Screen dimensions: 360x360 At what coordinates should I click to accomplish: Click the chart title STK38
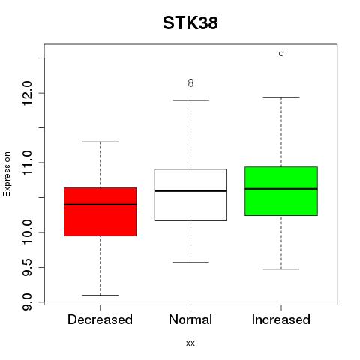pyautogui.click(x=190, y=23)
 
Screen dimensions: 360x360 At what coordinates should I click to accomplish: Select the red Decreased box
pyautogui.click(x=100, y=211)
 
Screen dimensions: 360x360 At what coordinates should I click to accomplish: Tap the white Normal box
pyautogui.click(x=190, y=195)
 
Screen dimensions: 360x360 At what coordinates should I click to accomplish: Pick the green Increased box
pyautogui.click(x=281, y=191)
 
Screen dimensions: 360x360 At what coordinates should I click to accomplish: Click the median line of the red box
pyautogui.click(x=100, y=205)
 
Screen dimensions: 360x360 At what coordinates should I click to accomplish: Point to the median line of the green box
pyautogui.click(x=281, y=189)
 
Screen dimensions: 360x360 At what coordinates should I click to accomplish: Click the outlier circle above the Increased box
pyautogui.click(x=281, y=54)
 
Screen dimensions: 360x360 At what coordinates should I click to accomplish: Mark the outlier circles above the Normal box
pyautogui.click(x=190, y=82)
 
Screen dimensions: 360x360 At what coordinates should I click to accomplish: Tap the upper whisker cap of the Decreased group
pyautogui.click(x=100, y=142)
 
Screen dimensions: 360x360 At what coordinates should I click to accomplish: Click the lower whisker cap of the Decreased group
pyautogui.click(x=100, y=295)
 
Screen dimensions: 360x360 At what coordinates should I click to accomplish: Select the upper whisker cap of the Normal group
pyautogui.click(x=190, y=100)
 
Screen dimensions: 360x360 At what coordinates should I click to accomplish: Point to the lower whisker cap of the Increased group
pyautogui.click(x=281, y=269)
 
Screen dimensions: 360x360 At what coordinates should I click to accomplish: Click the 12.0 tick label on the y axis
pyautogui.click(x=27, y=93)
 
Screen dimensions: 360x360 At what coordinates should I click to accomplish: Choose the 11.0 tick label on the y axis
pyautogui.click(x=27, y=163)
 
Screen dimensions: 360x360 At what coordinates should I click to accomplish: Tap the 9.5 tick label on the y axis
pyautogui.click(x=27, y=267)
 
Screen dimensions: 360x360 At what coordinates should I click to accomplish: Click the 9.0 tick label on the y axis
pyautogui.click(x=27, y=302)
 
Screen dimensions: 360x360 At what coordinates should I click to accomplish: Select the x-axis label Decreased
pyautogui.click(x=100, y=319)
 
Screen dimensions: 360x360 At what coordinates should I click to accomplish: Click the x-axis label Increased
pyautogui.click(x=281, y=319)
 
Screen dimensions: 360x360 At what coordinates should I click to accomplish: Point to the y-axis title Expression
pyautogui.click(x=7, y=174)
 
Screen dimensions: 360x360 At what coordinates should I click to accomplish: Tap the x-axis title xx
pyautogui.click(x=190, y=343)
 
